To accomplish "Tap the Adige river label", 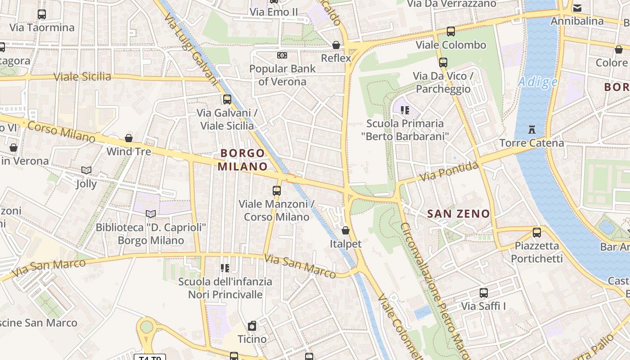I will (537, 82).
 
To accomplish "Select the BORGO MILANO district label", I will (243, 160).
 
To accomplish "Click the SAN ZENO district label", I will (458, 214).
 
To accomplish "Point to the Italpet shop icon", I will (345, 230).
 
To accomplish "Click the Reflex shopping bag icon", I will (336, 45).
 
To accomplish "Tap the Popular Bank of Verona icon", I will (282, 55).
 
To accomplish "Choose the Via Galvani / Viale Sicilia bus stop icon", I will (227, 99).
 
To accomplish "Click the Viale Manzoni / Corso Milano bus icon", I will (276, 191).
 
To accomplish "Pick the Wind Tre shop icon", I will (129, 138).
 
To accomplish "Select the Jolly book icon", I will (86, 170).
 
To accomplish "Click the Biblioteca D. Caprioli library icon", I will (151, 214).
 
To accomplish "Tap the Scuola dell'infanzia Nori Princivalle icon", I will (225, 269).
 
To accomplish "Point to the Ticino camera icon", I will (252, 326).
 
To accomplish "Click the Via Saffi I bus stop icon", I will (483, 293).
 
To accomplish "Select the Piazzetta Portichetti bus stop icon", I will (536, 233).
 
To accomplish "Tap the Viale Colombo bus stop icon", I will (450, 31).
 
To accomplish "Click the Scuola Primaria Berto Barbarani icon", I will (405, 110).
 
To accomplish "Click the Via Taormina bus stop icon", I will (42, 14).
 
